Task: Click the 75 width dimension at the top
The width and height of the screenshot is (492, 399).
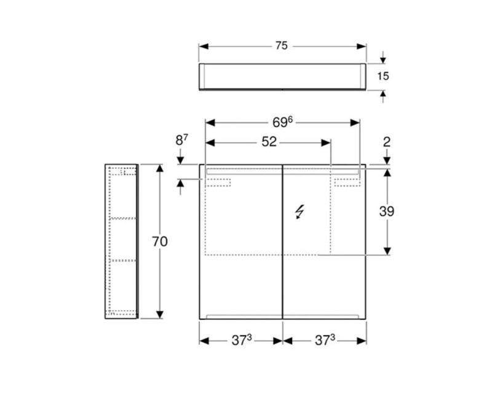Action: tap(282, 46)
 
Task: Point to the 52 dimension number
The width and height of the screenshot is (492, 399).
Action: tap(269, 142)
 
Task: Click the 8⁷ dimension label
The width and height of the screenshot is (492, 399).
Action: tap(181, 141)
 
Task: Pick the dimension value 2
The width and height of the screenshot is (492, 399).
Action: tap(387, 142)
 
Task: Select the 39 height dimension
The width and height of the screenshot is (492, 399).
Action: tap(387, 211)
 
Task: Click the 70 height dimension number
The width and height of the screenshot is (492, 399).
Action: tap(160, 241)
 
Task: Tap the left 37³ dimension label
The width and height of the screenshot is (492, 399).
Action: tap(242, 340)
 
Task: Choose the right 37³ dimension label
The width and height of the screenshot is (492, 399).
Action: tap(325, 340)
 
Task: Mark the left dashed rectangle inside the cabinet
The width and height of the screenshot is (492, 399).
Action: tap(218, 182)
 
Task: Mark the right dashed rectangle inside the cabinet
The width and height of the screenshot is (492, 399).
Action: tap(347, 182)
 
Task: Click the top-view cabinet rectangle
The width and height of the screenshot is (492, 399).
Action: tap(282, 76)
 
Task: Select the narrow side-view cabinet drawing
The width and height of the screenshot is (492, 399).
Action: tap(121, 241)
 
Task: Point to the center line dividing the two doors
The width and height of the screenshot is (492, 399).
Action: tap(282, 241)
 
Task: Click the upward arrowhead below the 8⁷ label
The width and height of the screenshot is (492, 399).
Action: tap(181, 184)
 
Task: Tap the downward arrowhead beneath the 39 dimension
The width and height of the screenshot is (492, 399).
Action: tap(387, 250)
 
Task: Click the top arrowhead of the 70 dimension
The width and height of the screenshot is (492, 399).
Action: tap(160, 169)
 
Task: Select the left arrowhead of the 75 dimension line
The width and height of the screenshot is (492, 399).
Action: tap(204, 46)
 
